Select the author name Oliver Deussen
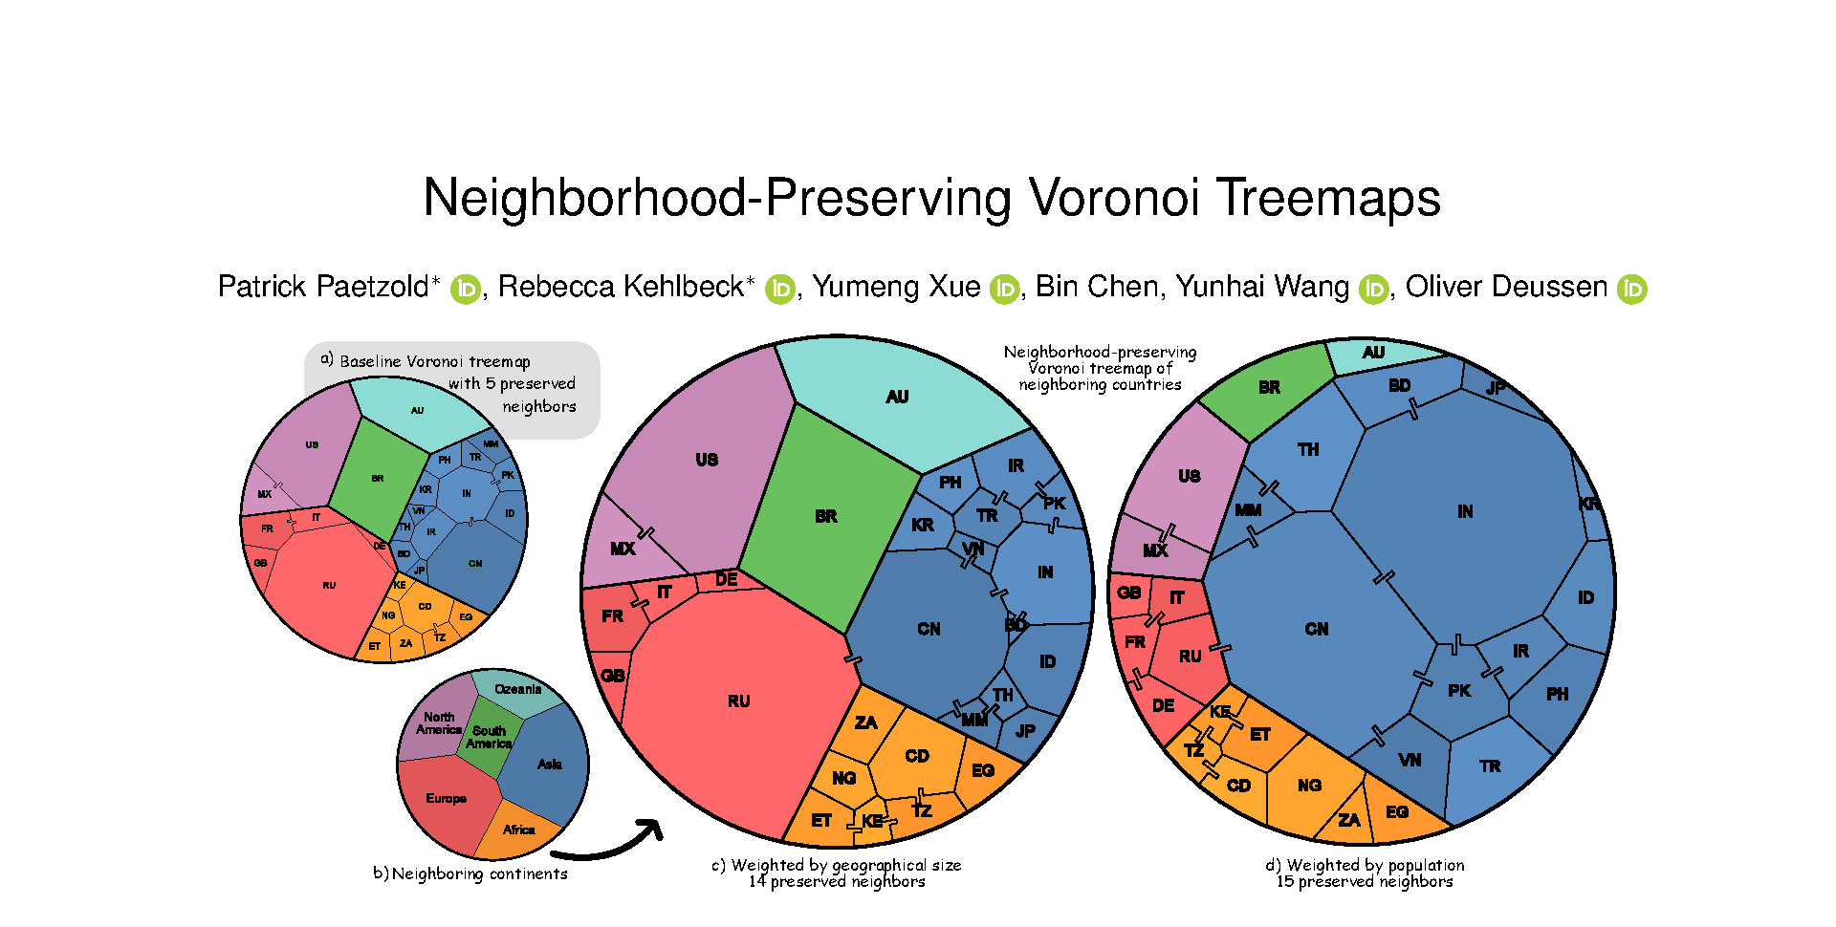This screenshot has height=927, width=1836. pos(1506,287)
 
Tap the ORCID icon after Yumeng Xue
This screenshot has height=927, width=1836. pos(1004,289)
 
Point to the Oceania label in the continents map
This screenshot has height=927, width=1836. pos(518,689)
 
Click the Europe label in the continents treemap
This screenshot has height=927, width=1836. pos(447,798)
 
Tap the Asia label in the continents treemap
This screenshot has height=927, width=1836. pos(550,764)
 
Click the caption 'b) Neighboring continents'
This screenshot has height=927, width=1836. pos(470,873)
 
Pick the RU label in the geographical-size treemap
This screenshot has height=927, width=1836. pos(739,701)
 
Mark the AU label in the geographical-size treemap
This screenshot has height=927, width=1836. pos(897,397)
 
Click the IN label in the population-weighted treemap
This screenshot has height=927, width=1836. pos(1465,512)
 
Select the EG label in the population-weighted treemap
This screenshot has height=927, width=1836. pos(1397,812)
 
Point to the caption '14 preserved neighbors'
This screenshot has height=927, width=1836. pos(837,882)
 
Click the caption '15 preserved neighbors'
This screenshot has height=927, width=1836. pos(1365,882)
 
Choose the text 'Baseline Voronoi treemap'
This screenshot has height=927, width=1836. pos(435,361)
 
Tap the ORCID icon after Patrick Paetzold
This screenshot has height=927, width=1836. pos(466,289)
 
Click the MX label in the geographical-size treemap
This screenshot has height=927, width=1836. pos(623,549)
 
